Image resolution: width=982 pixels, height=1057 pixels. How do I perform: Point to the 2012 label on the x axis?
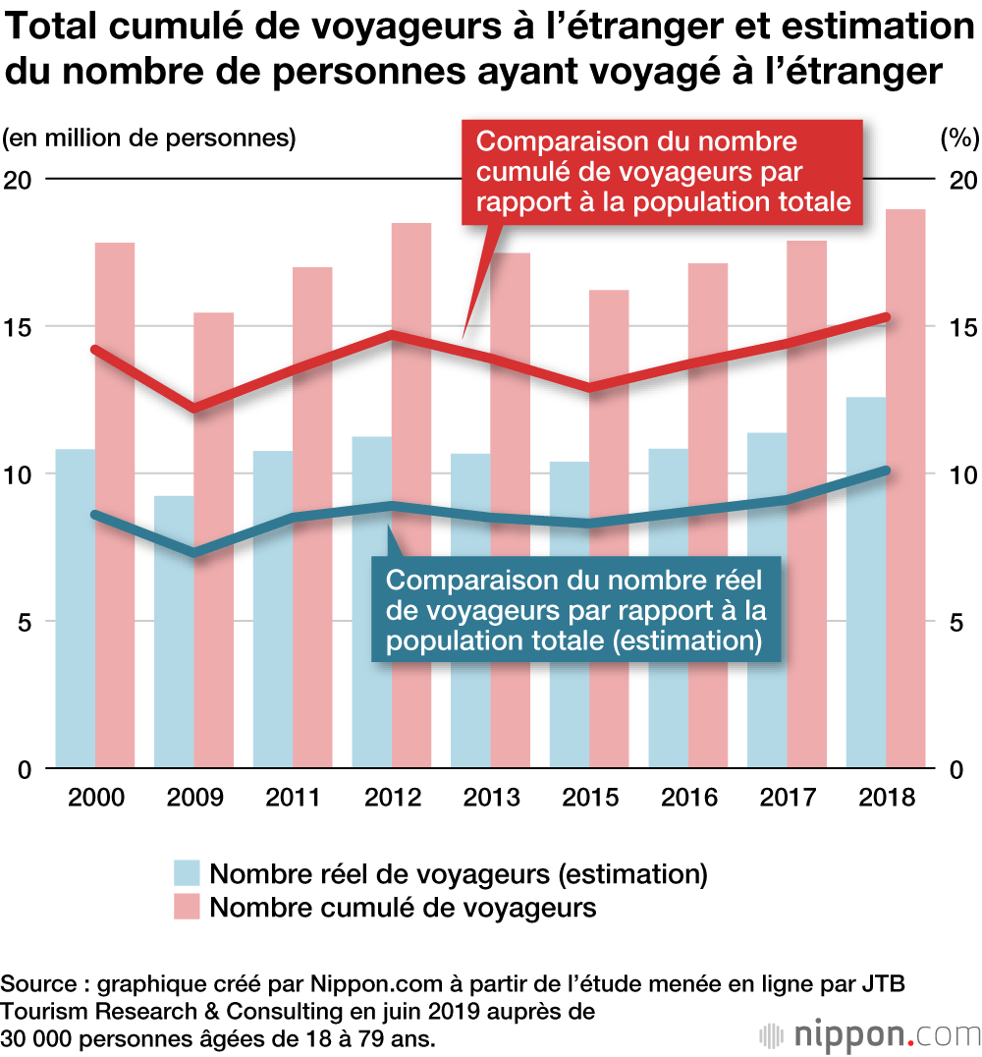[392, 797]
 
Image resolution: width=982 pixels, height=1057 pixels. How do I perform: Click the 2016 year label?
[687, 797]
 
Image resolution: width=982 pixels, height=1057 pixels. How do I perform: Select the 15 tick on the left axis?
[22, 327]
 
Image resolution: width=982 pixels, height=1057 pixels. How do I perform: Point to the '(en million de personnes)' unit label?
[148, 138]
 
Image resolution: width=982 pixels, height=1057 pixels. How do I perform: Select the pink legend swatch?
[187, 907]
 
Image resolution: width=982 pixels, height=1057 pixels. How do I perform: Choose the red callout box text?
[663, 172]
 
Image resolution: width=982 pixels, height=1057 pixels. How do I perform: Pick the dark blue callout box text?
[576, 610]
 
